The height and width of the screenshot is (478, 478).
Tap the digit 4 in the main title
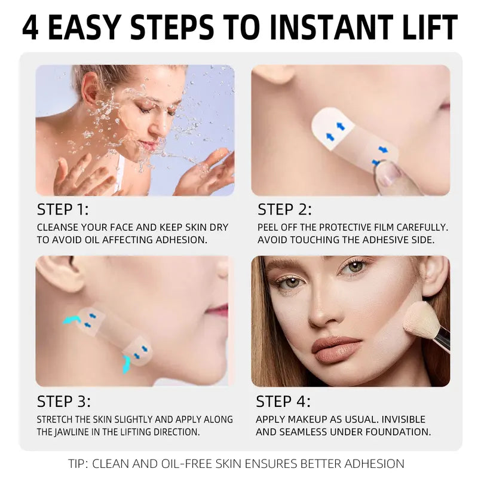tap(30, 27)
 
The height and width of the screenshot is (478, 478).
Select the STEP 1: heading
tap(63, 210)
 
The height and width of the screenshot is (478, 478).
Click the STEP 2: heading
tap(284, 210)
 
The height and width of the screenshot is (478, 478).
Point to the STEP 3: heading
tap(64, 401)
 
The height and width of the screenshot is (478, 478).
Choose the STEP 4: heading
tap(283, 401)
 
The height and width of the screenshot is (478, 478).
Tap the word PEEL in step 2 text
tap(269, 228)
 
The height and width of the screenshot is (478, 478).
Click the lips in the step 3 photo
tap(219, 310)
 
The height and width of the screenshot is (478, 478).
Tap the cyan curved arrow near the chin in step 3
tap(126, 363)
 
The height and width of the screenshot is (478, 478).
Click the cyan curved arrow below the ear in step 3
tap(72, 320)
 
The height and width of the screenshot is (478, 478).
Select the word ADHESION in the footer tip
tap(373, 463)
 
